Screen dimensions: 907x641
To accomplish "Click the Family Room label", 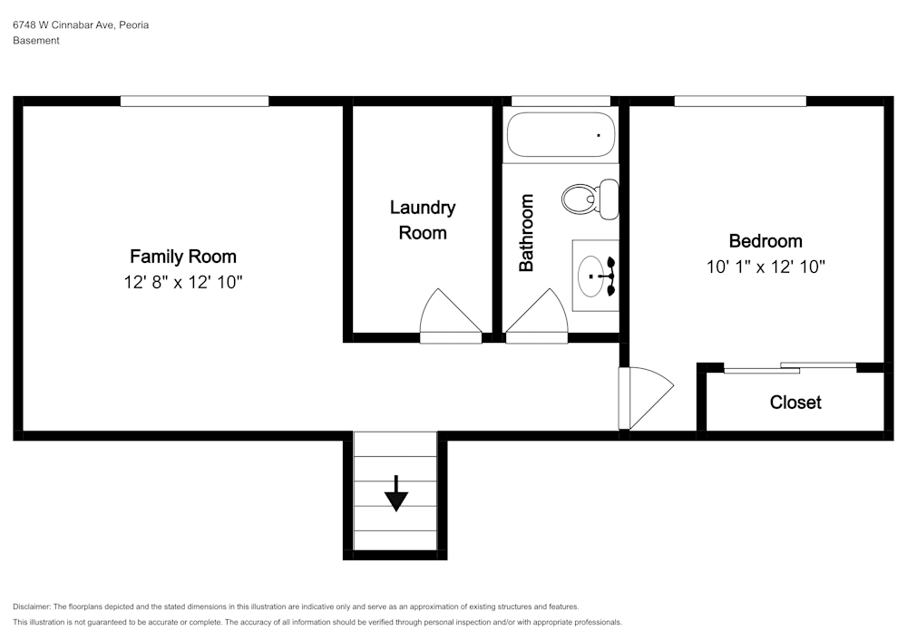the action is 183,257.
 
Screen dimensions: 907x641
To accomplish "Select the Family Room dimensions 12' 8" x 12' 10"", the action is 183,282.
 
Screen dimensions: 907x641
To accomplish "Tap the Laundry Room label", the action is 423,219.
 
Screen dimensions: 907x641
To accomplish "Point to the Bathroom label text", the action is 526,233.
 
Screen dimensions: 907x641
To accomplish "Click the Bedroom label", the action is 766,241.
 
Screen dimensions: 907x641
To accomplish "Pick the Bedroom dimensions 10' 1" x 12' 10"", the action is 766,267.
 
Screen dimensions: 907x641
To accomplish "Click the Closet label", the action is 795,403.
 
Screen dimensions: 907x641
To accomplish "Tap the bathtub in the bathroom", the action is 561,135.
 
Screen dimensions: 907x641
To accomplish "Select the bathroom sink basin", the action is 591,277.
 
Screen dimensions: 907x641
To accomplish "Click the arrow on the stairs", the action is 396,493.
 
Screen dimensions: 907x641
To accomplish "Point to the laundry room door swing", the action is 451,316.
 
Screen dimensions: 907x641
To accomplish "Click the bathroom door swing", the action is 537,316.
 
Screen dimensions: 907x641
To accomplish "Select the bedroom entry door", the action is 646,398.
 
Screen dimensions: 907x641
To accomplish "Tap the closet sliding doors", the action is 790,367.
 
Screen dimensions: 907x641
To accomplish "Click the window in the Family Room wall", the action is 194,102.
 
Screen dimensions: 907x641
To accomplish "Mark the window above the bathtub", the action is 561,102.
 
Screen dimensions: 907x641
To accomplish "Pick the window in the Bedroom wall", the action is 740,102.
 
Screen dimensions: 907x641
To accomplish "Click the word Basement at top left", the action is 36,41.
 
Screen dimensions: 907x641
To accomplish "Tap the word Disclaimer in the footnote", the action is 31,607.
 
